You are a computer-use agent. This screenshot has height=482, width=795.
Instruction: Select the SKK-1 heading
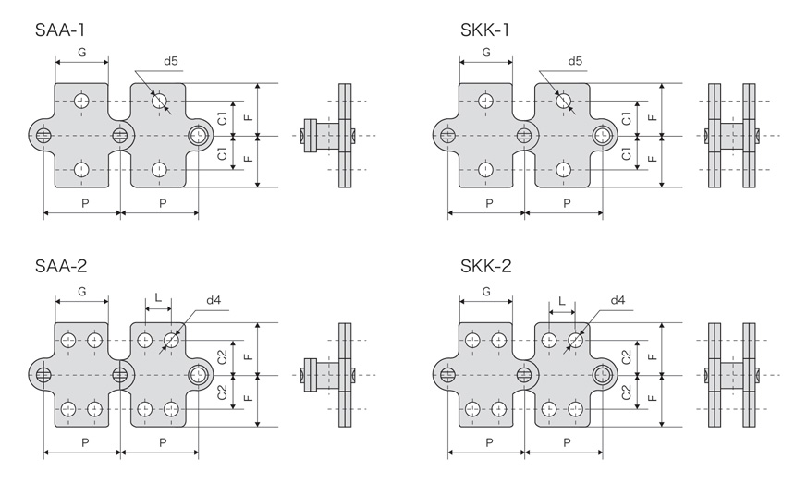(484, 30)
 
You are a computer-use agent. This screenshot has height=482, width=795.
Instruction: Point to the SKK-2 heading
(485, 268)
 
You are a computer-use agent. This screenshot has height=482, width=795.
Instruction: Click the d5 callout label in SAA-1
(171, 62)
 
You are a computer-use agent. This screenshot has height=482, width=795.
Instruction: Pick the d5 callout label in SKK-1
(574, 62)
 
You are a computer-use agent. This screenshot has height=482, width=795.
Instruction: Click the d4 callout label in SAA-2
(214, 300)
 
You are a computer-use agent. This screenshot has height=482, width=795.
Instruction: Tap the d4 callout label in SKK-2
(618, 300)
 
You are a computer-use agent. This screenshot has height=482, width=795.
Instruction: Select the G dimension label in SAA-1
(81, 53)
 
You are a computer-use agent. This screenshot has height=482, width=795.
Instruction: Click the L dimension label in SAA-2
(158, 299)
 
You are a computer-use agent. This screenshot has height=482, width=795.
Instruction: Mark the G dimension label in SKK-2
(485, 292)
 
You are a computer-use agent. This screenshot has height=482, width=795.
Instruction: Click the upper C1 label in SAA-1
(223, 118)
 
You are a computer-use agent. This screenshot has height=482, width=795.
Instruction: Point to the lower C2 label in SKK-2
(627, 392)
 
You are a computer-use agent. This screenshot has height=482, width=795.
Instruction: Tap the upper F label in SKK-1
(653, 117)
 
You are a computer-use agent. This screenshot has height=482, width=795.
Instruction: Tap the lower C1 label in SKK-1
(627, 154)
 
